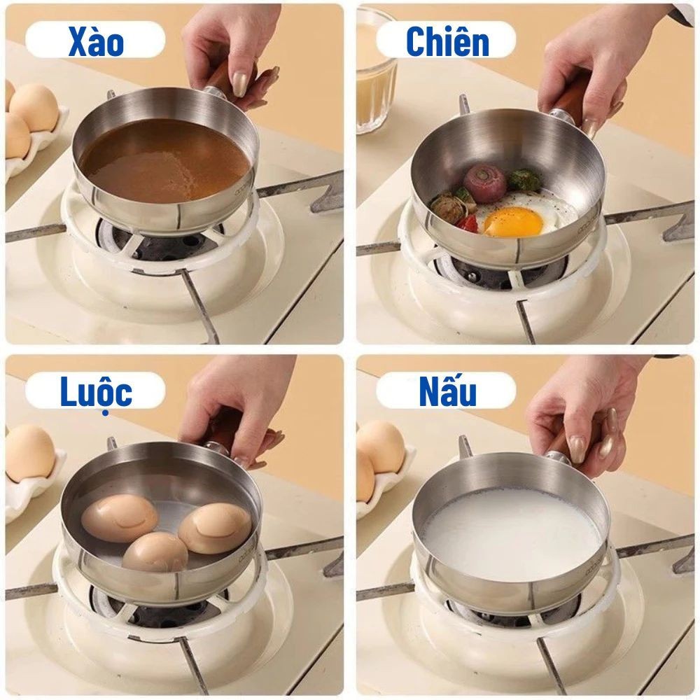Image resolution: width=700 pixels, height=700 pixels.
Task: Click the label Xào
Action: pyautogui.click(x=96, y=41)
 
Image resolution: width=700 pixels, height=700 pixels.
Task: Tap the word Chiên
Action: pyautogui.click(x=447, y=41)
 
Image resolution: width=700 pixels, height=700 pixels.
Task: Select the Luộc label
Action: pyautogui.click(x=97, y=393)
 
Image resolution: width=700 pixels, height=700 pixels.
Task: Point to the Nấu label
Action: pyautogui.click(x=447, y=391)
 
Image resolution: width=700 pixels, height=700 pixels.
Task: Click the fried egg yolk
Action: pyautogui.click(x=513, y=221)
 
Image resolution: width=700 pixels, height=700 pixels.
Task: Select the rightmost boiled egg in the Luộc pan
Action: pyautogui.click(x=215, y=528)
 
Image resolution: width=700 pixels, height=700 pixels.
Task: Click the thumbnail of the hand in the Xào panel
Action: pyautogui.click(x=241, y=83)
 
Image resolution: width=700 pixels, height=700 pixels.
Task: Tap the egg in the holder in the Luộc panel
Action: pyautogui.click(x=30, y=453)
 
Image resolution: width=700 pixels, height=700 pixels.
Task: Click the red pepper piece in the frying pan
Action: pyautogui.click(x=465, y=223)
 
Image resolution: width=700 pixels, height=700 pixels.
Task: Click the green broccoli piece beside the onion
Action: pyautogui.click(x=525, y=179)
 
